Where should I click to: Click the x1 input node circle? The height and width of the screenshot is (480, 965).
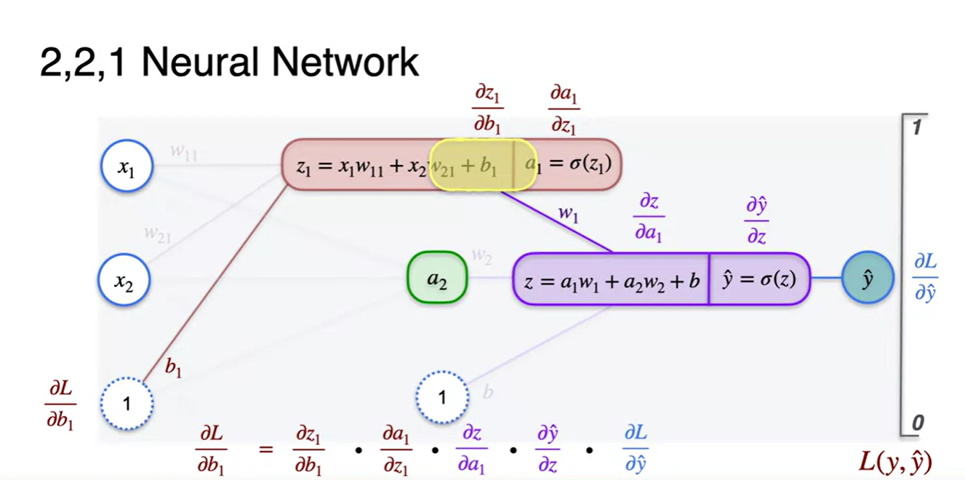click(127, 168)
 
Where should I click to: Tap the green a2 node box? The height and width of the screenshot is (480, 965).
click(436, 277)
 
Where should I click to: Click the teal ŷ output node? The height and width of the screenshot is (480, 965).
click(868, 278)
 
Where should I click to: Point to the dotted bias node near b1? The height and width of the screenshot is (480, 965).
click(127, 402)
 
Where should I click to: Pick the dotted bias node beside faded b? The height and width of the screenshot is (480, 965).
click(442, 397)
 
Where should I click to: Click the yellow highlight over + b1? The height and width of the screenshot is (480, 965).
click(473, 165)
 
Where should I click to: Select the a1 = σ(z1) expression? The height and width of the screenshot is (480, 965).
click(569, 164)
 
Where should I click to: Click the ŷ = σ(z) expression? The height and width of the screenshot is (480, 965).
click(759, 279)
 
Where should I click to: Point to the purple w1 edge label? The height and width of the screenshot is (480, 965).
click(568, 215)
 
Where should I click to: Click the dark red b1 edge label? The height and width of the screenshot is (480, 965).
click(173, 368)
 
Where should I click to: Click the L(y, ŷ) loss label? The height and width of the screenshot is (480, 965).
click(895, 461)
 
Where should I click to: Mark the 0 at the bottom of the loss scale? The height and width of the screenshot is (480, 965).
click(917, 423)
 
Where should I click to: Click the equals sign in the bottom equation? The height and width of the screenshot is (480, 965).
click(266, 449)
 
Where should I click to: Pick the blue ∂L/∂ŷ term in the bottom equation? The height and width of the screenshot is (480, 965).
click(635, 449)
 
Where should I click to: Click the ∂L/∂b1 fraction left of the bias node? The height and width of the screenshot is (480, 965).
click(60, 404)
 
